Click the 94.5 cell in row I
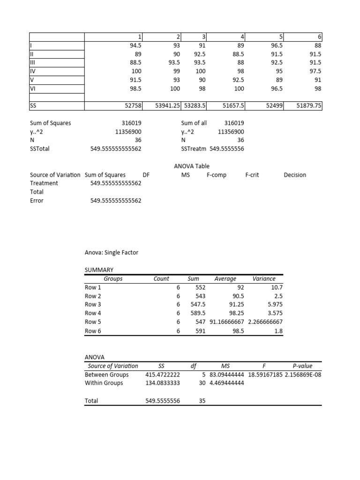coord(135,45)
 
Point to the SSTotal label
coord(39,149)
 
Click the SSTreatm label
coord(194,149)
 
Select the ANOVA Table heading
coord(192,166)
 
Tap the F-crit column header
coord(252,175)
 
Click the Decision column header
coord(295,175)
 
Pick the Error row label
coord(37,201)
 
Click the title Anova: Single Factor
coord(111,253)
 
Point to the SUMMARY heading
coord(99,270)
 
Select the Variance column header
coord(264,278)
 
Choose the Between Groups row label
coord(106,375)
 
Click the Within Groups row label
coord(104,383)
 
